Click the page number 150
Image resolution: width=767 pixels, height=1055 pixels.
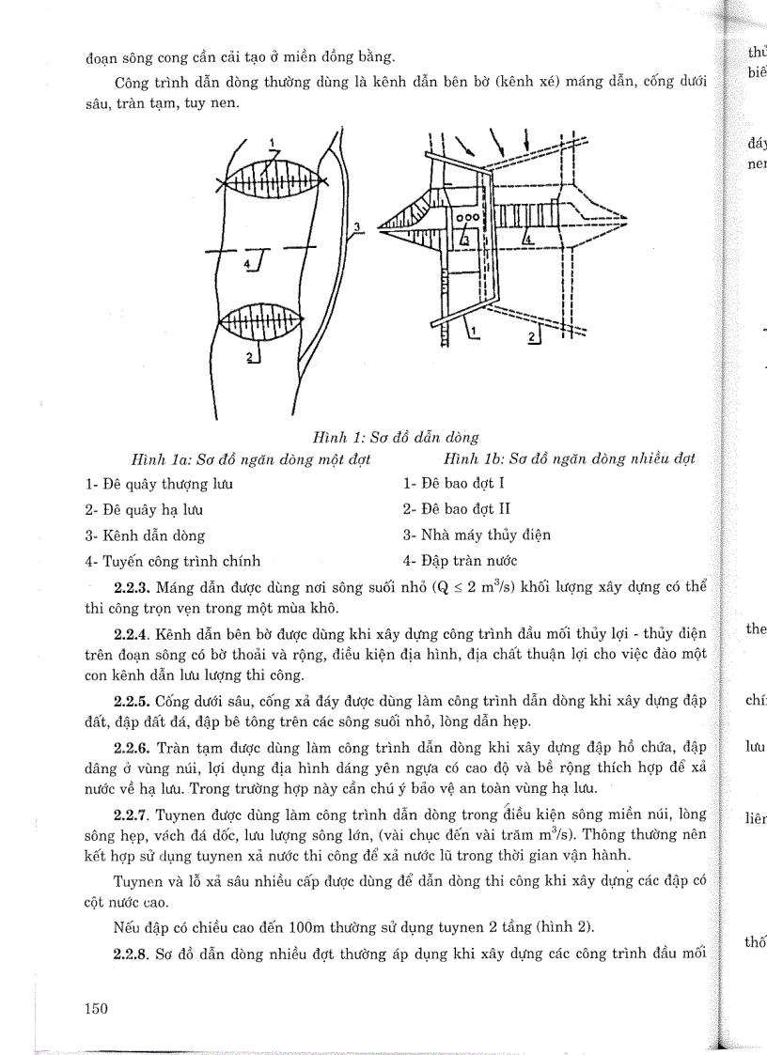click(97, 1009)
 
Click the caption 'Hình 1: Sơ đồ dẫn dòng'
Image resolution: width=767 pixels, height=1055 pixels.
click(396, 437)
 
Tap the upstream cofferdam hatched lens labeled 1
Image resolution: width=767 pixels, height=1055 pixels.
click(270, 176)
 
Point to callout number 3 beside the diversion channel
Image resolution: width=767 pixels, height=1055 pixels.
click(357, 226)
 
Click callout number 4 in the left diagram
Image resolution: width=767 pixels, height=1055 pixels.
click(247, 266)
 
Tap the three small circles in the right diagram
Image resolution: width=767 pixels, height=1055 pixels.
click(467, 217)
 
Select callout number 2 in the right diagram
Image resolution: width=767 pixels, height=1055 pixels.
click(533, 336)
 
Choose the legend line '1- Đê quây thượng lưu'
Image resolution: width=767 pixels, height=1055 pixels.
click(159, 485)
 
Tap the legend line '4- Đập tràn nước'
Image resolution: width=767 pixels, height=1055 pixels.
click(461, 561)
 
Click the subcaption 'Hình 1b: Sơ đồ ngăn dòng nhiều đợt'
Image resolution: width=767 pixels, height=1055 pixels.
click(570, 459)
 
